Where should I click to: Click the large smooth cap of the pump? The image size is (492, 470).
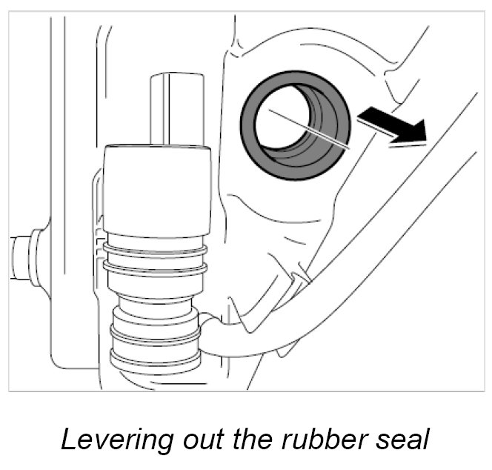tap(156, 189)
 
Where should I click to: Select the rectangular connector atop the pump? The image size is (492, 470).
tap(176, 107)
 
